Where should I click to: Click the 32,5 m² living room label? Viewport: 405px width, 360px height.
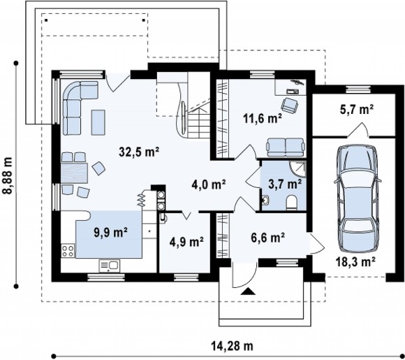(139, 152)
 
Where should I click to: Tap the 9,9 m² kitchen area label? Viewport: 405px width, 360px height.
(110, 232)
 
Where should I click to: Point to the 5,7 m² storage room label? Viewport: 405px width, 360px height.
(357, 109)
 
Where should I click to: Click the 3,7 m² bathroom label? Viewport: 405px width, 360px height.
(285, 184)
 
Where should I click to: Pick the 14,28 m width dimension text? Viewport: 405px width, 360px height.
(233, 345)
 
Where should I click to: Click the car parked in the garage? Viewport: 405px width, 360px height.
(358, 199)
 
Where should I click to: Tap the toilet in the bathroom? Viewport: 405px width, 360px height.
(292, 202)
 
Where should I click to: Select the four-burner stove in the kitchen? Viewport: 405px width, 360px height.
(68, 251)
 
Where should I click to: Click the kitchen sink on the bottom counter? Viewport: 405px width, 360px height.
(109, 266)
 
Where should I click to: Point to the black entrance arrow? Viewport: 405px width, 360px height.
(248, 291)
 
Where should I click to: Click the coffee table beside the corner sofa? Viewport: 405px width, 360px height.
(98, 122)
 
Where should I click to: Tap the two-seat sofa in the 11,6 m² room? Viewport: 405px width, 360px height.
(286, 147)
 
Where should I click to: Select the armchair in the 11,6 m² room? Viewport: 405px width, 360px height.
(289, 105)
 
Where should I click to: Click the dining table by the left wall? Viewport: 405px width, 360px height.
(75, 173)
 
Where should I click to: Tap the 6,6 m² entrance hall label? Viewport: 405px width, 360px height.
(268, 237)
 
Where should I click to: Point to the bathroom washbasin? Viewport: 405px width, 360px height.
(265, 200)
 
